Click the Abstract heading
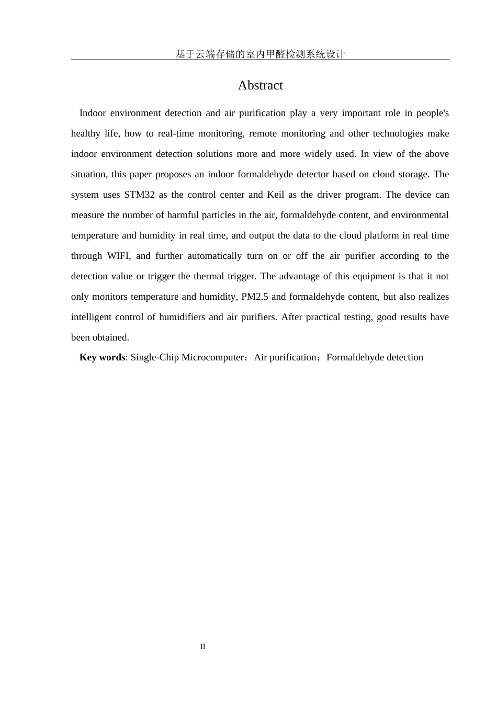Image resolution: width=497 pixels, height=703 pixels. pyautogui.click(x=260, y=85)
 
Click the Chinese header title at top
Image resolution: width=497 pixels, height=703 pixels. pyautogui.click(x=260, y=54)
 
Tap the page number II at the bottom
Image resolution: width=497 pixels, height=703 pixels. pyautogui.click(x=202, y=647)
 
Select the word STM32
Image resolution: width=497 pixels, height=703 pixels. pyautogui.click(x=139, y=195)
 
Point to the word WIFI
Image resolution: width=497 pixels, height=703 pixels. pyautogui.click(x=119, y=256)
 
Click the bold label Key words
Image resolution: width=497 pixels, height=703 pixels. pyautogui.click(x=102, y=357)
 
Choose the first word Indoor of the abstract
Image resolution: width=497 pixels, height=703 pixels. pyautogui.click(x=93, y=113)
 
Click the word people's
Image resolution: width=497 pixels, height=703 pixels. pyautogui.click(x=433, y=113)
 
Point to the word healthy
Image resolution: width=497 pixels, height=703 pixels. pyautogui.click(x=86, y=133)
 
